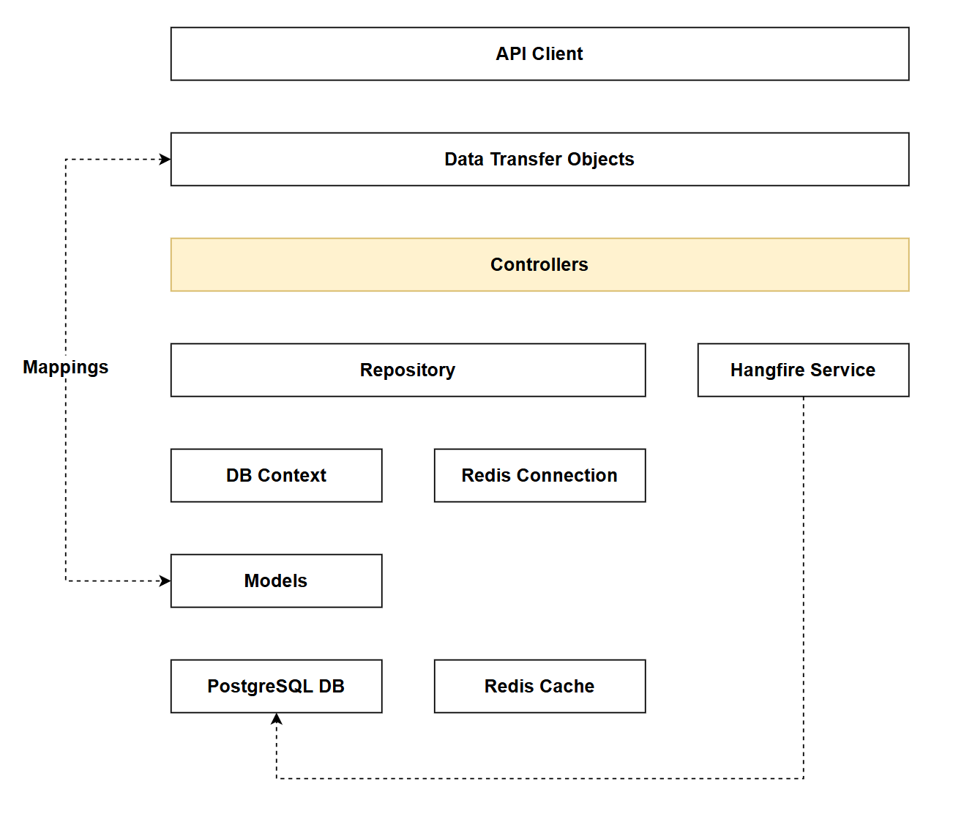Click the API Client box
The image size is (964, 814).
coord(539,53)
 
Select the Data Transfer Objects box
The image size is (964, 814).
coord(539,159)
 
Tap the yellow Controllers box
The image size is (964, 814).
coord(539,264)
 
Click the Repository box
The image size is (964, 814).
coord(408,370)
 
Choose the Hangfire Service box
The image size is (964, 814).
coord(803,370)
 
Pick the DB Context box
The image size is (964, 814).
coord(276,475)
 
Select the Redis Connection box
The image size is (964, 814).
coord(539,475)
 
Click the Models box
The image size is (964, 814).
coord(276,580)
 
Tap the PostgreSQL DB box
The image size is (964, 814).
coord(276,686)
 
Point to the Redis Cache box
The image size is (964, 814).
coord(539,686)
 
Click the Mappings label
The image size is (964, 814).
coord(65,367)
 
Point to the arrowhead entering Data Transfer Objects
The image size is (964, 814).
coord(165,159)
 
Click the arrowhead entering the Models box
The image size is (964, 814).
coord(165,580)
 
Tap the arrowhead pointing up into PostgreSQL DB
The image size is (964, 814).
coord(276,719)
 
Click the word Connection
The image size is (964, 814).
coord(567,475)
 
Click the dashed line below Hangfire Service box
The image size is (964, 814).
coord(803,586)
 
